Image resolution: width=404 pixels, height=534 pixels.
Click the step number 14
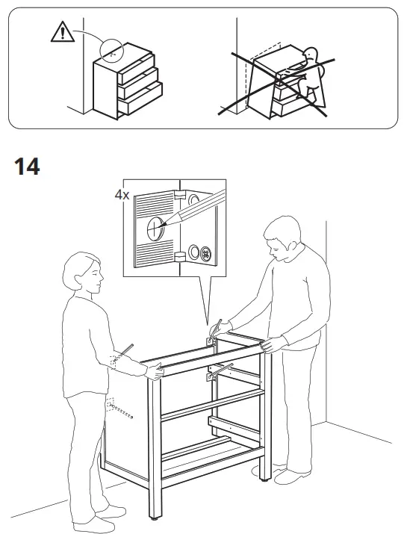coord(27,167)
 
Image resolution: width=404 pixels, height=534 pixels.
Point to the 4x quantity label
coord(122,194)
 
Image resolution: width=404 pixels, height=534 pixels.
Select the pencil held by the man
coord(218,326)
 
